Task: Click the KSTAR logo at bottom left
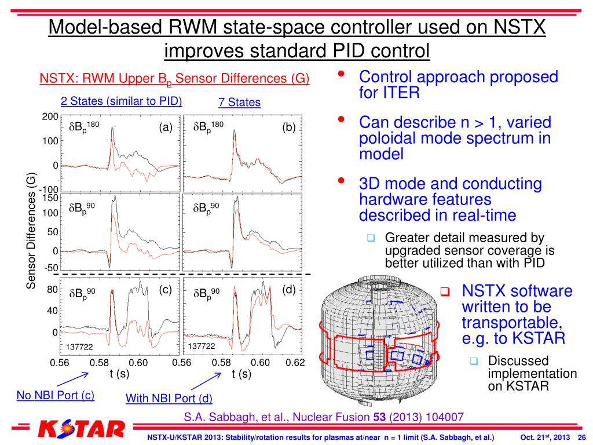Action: coord(81,429)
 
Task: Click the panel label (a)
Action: coord(166,128)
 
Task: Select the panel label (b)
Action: coord(289,128)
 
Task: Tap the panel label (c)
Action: coord(166,290)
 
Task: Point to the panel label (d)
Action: coord(289,290)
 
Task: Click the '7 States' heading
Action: coord(239,103)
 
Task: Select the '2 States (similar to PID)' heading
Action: coord(122,101)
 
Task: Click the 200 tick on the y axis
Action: coord(50,116)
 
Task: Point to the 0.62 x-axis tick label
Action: coord(295,363)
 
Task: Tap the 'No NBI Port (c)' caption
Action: coord(56,396)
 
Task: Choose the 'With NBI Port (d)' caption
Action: coord(169,398)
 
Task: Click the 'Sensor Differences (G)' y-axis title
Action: coord(31,231)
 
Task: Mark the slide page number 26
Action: coord(582,437)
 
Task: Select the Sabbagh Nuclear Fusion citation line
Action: coord(324,416)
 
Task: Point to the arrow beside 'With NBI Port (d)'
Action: coord(210,382)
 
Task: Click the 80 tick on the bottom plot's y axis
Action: coord(52,290)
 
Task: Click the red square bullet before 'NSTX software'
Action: coord(445,291)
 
